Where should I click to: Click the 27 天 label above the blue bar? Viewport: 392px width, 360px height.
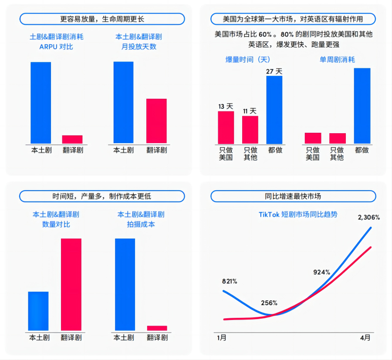(x=274, y=71)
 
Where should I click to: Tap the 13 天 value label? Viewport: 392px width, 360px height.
(x=226, y=106)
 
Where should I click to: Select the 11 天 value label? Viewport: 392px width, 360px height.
(x=250, y=111)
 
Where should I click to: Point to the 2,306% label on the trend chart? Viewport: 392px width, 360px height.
(x=368, y=217)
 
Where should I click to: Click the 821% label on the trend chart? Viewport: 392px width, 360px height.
(x=229, y=281)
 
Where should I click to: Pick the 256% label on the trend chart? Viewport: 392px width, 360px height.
(x=269, y=303)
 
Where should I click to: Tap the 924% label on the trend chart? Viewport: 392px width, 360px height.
(x=322, y=272)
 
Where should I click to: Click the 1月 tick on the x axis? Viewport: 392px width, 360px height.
(x=222, y=337)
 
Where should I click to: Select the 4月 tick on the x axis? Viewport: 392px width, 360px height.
(x=365, y=337)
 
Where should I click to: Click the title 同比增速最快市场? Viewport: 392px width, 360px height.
(x=293, y=196)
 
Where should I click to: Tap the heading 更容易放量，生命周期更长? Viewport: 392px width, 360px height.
(x=102, y=19)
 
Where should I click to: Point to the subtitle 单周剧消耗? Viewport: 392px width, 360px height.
(x=337, y=60)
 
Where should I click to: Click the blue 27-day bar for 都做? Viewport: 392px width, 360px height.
(x=274, y=110)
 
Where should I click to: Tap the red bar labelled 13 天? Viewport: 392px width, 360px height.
(x=226, y=128)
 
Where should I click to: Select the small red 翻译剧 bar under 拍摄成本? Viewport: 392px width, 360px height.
(x=157, y=328)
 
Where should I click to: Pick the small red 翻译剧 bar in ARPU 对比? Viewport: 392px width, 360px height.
(x=72, y=139)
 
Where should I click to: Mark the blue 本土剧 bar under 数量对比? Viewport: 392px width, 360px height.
(x=38, y=311)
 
